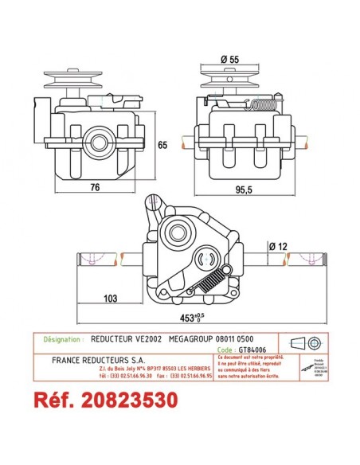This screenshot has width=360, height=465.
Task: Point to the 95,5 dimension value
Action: [244, 191]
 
